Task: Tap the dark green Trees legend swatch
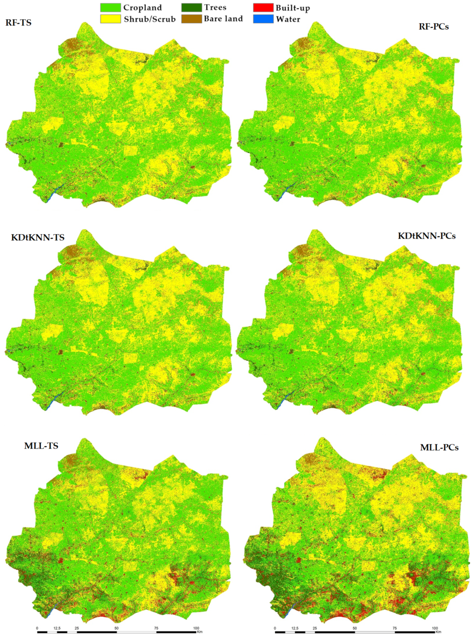(x=191, y=7)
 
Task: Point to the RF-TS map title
(x=18, y=22)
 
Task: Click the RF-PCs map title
(x=434, y=27)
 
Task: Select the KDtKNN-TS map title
(x=38, y=238)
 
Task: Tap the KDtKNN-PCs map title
(x=427, y=236)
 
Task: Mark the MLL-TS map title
(x=41, y=446)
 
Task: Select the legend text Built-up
(x=293, y=8)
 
